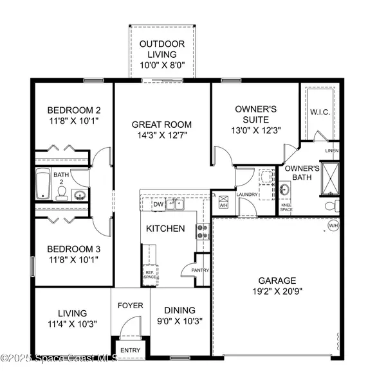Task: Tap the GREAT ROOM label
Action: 162,124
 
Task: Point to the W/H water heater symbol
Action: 333,225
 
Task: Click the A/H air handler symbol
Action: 224,202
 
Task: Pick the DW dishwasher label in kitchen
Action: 158,204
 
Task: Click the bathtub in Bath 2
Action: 43,185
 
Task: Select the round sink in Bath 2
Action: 80,195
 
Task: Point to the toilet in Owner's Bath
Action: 331,205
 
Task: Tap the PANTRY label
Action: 201,270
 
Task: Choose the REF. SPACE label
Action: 150,275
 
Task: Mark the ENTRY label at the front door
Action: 131,350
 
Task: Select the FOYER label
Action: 130,305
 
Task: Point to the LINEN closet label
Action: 332,151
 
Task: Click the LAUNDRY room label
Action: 247,194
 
